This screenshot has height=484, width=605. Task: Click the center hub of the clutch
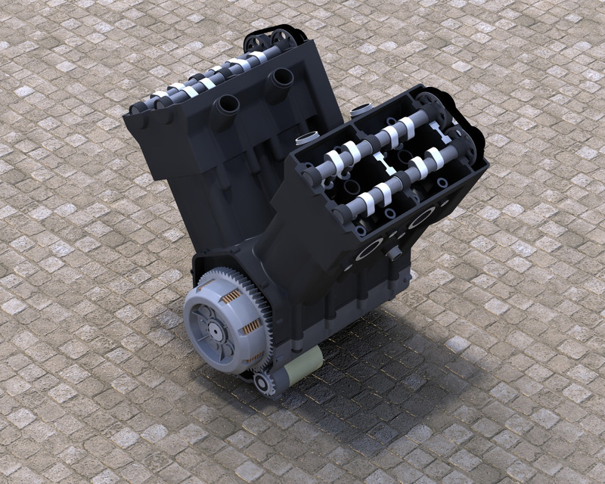(216, 330)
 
